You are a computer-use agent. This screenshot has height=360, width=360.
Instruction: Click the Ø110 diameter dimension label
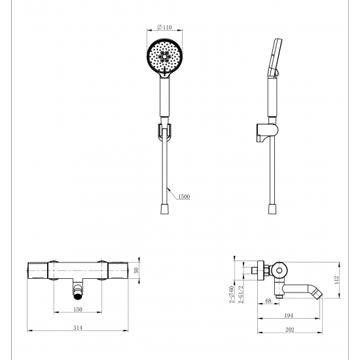tap(164, 27)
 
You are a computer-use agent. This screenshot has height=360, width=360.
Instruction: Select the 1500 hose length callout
tap(184, 196)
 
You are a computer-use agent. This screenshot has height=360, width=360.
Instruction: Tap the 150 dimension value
tap(78, 309)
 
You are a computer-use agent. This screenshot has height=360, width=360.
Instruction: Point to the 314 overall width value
tap(78, 327)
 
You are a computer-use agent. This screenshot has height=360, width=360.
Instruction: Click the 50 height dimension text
tap(136, 270)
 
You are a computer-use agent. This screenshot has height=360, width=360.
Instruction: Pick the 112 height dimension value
tap(336, 280)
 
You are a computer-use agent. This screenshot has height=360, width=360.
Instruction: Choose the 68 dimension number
tap(268, 300)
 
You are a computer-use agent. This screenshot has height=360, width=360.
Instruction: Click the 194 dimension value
tap(289, 315)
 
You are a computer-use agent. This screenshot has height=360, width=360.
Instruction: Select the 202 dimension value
tap(289, 330)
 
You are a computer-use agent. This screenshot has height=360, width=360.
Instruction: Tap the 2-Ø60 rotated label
tap(232, 295)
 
